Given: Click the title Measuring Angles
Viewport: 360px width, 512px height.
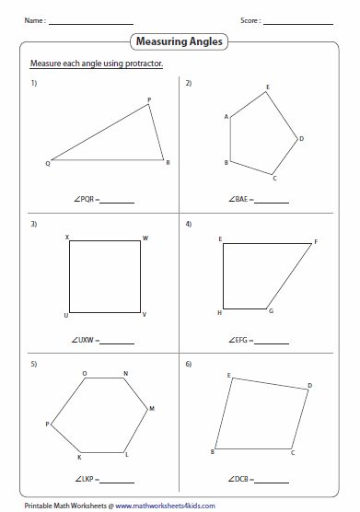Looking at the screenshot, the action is [180, 41].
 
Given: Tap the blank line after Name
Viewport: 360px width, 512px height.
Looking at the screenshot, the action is [91, 24].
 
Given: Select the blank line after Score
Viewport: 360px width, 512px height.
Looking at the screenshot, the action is [298, 24].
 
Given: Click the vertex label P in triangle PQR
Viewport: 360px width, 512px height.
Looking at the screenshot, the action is [149, 100].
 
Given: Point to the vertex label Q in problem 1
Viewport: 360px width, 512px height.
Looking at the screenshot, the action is [48, 164].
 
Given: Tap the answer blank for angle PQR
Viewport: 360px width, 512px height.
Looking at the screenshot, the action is [117, 203].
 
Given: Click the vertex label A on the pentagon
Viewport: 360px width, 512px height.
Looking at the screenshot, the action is [226, 117].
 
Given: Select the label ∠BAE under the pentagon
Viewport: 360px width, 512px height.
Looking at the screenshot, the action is [238, 199].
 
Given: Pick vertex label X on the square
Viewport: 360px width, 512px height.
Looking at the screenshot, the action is [67, 237].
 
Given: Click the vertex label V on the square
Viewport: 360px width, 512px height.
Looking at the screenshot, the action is [145, 314].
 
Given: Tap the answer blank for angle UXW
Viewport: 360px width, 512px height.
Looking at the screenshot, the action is [117, 343].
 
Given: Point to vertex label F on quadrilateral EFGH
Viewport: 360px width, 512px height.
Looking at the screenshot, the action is [316, 242].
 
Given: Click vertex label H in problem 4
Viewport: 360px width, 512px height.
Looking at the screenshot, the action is [220, 313].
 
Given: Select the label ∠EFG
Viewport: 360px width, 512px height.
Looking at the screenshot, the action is [238, 340].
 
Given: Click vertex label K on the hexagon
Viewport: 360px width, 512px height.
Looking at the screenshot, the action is [79, 458].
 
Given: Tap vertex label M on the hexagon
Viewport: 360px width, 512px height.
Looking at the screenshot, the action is [152, 409].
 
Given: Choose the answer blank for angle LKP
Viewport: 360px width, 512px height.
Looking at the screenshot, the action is [117, 483].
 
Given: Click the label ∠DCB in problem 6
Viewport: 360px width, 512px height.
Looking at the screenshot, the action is [238, 479].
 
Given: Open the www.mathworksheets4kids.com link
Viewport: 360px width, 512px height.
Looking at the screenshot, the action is [165, 506].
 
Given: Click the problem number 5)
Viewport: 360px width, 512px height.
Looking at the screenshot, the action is [34, 364].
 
